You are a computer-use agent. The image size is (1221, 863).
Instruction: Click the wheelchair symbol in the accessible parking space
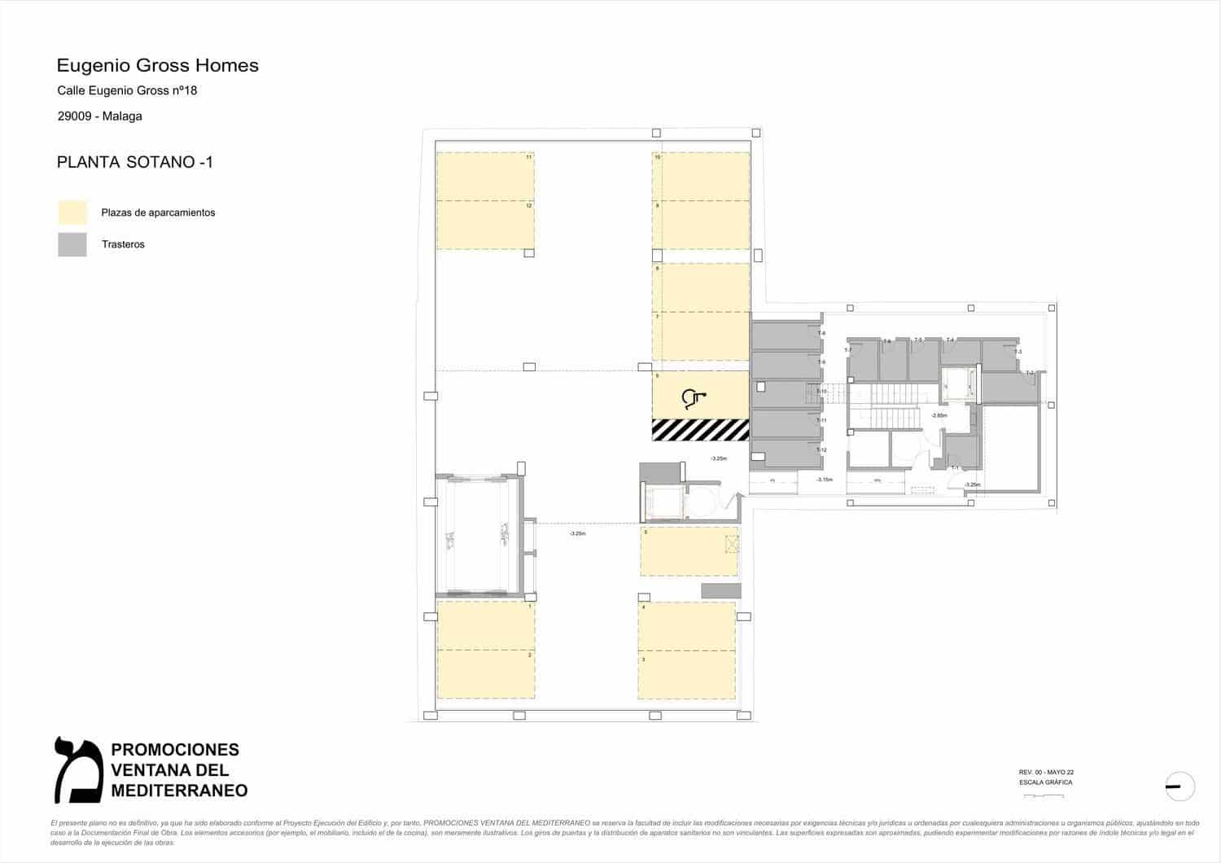coord(694,398)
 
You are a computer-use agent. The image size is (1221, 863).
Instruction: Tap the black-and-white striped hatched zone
coord(700,429)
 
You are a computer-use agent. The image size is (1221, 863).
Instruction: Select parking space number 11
coord(485,176)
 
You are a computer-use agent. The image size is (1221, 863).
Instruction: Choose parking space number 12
coord(485,225)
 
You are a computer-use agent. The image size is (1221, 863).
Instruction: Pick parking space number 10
coord(701,176)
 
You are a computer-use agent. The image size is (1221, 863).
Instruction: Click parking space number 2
coord(485,674)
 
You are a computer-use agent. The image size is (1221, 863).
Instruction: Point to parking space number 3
coord(686,675)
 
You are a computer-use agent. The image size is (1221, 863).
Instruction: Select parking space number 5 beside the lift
coord(689,551)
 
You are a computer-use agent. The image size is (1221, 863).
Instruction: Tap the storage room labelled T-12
coord(785,453)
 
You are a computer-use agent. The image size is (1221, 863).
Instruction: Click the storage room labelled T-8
coord(785,335)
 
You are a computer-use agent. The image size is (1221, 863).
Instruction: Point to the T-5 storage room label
coord(918,340)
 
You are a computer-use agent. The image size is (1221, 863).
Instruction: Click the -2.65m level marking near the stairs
coord(939,415)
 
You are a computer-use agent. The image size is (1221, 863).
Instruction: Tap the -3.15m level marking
coord(825,480)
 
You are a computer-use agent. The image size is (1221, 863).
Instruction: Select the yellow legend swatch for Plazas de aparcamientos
coord(72,212)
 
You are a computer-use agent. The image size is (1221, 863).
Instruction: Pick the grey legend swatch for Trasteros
coord(72,244)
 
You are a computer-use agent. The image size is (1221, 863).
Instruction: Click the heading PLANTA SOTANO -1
coord(134,162)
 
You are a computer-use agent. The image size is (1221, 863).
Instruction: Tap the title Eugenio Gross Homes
coord(157,65)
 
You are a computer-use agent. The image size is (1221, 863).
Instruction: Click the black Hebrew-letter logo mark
coord(77,769)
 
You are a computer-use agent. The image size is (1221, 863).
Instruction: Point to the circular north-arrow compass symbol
coord(1179,786)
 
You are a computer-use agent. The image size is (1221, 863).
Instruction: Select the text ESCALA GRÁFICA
coord(1045,782)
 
